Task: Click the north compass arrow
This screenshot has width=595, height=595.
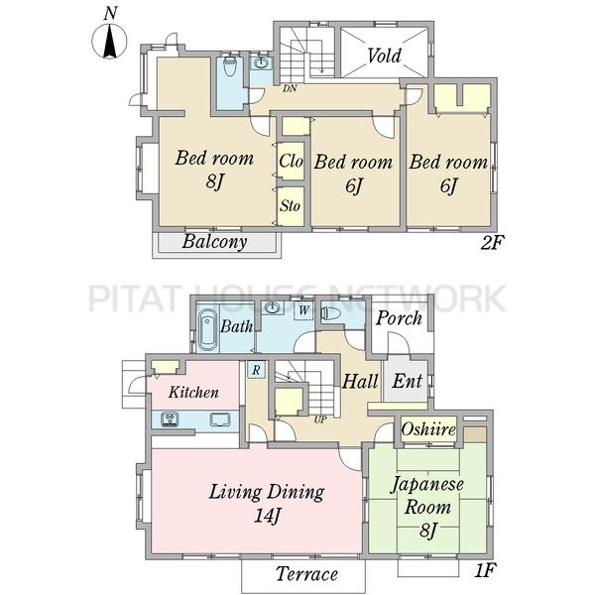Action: click(x=110, y=41)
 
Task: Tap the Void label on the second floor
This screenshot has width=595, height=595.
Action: click(x=384, y=56)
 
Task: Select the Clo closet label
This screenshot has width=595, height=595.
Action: click(x=291, y=161)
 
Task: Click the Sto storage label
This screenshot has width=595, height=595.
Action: click(x=291, y=206)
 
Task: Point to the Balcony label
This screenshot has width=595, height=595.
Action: click(x=215, y=242)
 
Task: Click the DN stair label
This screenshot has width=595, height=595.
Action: click(x=290, y=89)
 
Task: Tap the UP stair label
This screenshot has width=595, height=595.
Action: click(x=320, y=419)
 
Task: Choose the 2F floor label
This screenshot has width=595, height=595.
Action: click(x=492, y=243)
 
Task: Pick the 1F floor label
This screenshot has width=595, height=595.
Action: click(x=485, y=570)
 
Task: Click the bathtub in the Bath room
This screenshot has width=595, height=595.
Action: click(x=208, y=329)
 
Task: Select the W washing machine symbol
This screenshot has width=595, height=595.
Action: click(x=303, y=310)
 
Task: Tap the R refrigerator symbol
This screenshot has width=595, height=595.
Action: click(x=257, y=369)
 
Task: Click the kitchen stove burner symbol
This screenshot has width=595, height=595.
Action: click(x=170, y=419)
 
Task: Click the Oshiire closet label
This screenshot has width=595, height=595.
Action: click(x=428, y=429)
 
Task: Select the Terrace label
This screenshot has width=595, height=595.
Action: click(x=306, y=574)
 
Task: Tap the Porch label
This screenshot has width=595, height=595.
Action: click(x=399, y=318)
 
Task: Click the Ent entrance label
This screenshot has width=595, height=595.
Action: click(x=408, y=381)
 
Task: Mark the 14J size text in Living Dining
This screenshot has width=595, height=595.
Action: click(x=267, y=516)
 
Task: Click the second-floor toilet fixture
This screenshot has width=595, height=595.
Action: click(x=230, y=66)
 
